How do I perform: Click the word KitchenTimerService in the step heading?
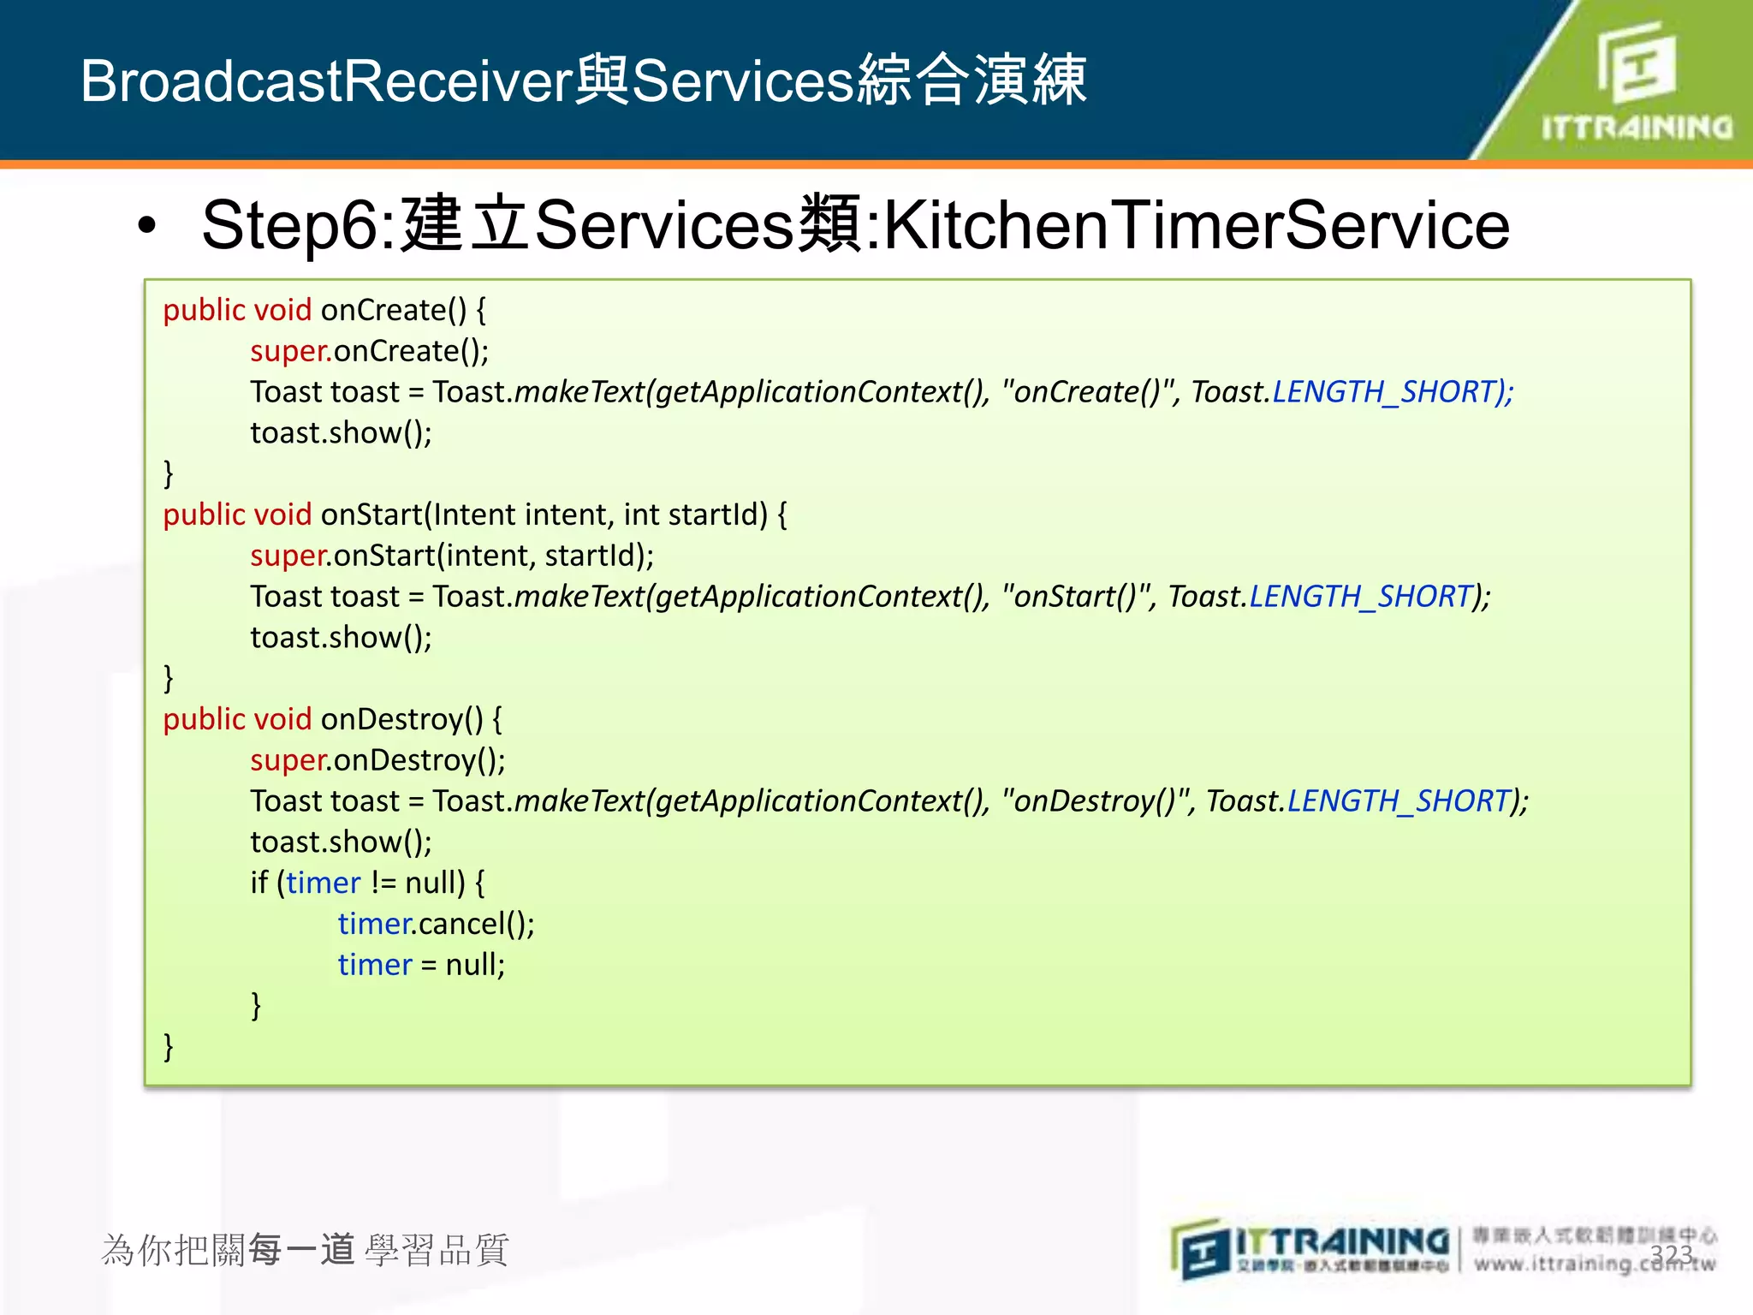[x=1196, y=225]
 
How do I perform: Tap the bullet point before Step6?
[x=147, y=226]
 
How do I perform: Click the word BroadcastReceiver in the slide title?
[x=325, y=81]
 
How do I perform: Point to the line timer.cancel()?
[x=436, y=924]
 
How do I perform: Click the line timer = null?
[x=421, y=965]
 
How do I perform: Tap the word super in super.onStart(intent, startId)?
[x=288, y=556]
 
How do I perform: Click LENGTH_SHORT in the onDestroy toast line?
[x=1398, y=801]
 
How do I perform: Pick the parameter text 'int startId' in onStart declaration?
[x=695, y=515]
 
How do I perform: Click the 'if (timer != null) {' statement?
[x=367, y=883]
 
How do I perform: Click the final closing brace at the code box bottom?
[x=169, y=1046]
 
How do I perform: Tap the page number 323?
[x=1671, y=1254]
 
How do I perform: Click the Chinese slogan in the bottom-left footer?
[x=305, y=1250]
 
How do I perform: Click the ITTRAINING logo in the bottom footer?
[x=1310, y=1249]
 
